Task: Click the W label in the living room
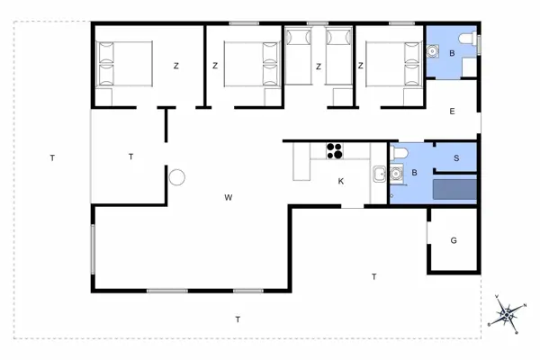229,197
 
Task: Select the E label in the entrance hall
452,112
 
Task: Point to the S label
456,158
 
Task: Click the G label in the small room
454,240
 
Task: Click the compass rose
507,314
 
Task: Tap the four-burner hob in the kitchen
334,150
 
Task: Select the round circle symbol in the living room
177,177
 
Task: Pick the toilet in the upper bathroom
465,40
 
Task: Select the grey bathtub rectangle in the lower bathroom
455,189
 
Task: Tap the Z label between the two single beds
319,65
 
